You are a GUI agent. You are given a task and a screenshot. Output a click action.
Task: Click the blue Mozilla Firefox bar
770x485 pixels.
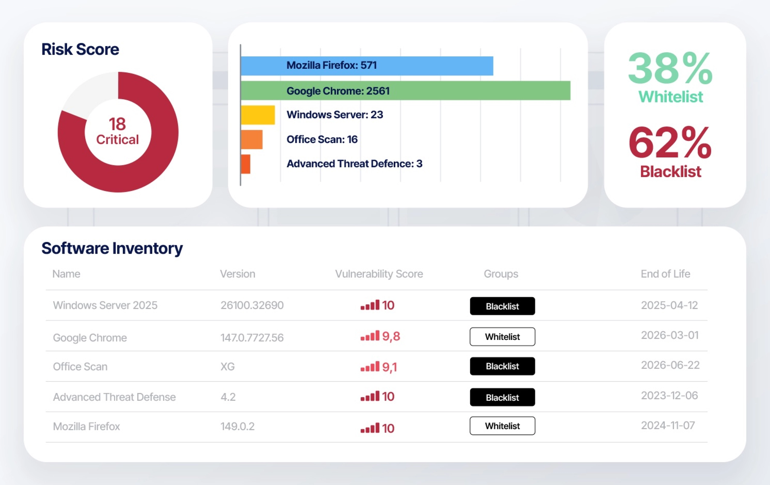367,66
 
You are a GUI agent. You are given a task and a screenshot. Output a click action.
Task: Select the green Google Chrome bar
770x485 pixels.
406,90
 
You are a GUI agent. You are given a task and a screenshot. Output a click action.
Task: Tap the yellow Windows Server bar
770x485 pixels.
258,115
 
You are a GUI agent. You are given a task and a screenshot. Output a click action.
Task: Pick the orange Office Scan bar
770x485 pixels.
252,139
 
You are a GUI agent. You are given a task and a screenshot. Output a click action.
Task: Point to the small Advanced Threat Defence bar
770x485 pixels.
245,164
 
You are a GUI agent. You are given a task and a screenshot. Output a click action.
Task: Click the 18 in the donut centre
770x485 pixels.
117,124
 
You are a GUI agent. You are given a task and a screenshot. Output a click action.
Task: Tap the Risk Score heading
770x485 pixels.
80,49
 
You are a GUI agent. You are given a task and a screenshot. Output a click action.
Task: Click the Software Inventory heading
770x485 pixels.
112,248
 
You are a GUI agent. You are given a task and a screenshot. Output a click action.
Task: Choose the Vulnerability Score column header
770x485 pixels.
379,274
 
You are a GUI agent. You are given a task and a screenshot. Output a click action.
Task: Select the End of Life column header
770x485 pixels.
666,274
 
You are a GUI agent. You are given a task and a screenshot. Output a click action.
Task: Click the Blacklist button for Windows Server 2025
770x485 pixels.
502,306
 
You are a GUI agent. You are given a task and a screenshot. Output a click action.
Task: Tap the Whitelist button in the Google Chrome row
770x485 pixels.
502,336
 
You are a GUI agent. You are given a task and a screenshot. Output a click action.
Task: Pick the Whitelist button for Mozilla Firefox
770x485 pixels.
502,426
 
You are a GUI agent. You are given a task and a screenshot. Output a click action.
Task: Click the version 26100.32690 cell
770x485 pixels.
252,305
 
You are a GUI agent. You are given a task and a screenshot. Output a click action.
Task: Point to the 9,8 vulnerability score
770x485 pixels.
391,336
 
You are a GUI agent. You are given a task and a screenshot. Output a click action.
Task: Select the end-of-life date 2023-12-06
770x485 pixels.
669,395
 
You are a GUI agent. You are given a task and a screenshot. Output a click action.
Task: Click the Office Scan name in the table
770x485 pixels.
80,366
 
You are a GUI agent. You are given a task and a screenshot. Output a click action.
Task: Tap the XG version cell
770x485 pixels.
228,366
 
